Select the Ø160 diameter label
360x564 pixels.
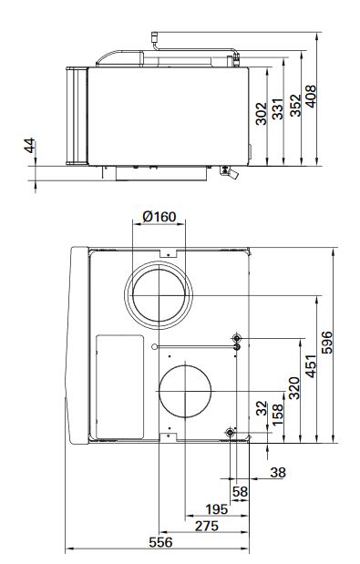point(159,217)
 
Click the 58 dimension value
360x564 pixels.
point(240,491)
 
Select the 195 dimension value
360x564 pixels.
point(217,508)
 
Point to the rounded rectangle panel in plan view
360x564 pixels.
point(119,382)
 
